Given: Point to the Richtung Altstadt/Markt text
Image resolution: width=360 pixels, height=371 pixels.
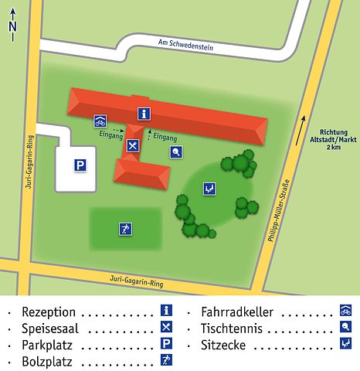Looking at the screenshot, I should [334, 139].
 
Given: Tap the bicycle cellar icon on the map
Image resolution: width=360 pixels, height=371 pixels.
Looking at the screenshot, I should [100, 121].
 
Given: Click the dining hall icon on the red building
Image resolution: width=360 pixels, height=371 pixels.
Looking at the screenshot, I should [133, 145].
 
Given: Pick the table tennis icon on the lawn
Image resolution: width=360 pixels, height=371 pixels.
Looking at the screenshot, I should [177, 151].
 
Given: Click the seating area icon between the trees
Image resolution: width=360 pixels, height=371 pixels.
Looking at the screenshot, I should [209, 188].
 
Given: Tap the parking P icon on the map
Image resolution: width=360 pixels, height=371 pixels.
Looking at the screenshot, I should [80, 165].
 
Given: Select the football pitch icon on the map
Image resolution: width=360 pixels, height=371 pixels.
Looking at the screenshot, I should [124, 228].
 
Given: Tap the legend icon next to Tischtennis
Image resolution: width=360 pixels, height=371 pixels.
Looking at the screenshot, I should [345, 328].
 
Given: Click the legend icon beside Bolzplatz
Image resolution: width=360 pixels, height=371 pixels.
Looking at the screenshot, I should [165, 359].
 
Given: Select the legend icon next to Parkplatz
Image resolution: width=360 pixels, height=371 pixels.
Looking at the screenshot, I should [165, 344].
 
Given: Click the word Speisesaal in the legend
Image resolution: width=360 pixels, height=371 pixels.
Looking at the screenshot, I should [48, 328].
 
